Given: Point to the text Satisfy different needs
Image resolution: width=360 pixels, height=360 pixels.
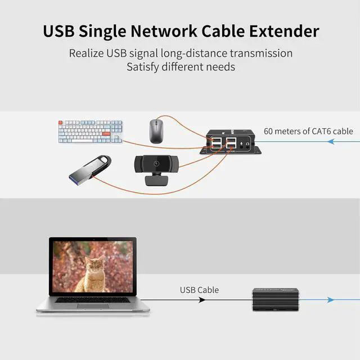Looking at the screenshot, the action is coord(181,67).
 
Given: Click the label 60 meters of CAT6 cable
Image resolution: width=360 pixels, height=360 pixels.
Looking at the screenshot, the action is coord(308,131).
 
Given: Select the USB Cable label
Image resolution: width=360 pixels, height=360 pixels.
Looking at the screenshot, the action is coord(199,290).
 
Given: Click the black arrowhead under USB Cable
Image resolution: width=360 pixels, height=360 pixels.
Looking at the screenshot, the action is coord(201,300).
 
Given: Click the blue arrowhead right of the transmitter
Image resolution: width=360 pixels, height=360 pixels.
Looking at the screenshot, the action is coord(330,300).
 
